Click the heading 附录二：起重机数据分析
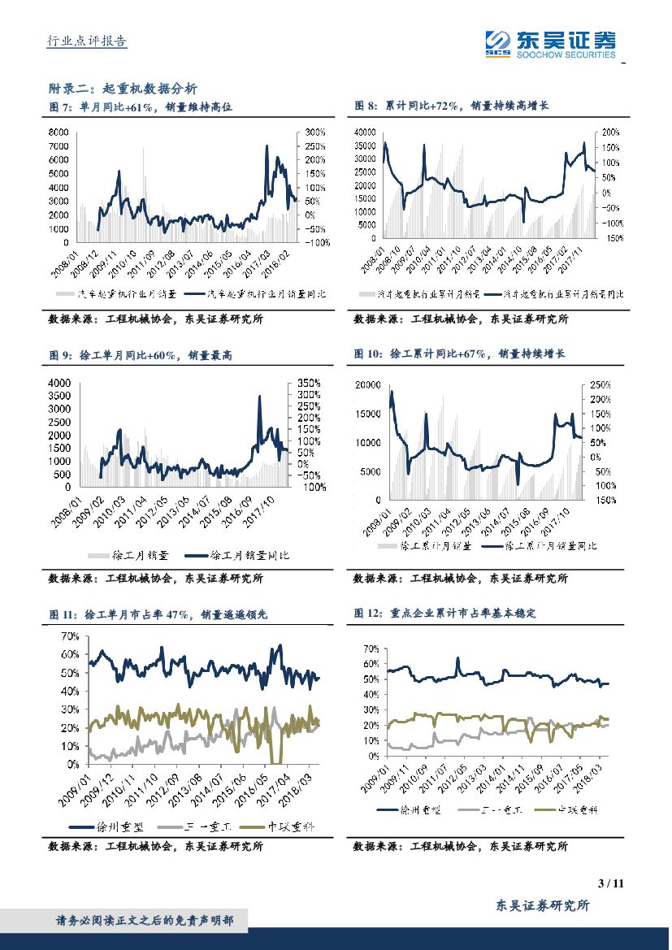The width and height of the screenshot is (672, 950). pyautogui.click(x=123, y=89)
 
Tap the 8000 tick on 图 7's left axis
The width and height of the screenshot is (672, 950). pyautogui.click(x=59, y=132)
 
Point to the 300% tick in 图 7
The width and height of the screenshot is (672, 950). pyautogui.click(x=315, y=132)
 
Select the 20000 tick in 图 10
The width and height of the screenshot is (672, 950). pyautogui.click(x=367, y=384)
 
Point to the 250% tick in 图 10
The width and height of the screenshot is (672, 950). pyautogui.click(x=600, y=384)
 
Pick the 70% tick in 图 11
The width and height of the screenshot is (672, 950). pyautogui.click(x=68, y=636)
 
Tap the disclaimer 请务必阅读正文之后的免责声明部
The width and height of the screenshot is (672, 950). pyautogui.click(x=145, y=921)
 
